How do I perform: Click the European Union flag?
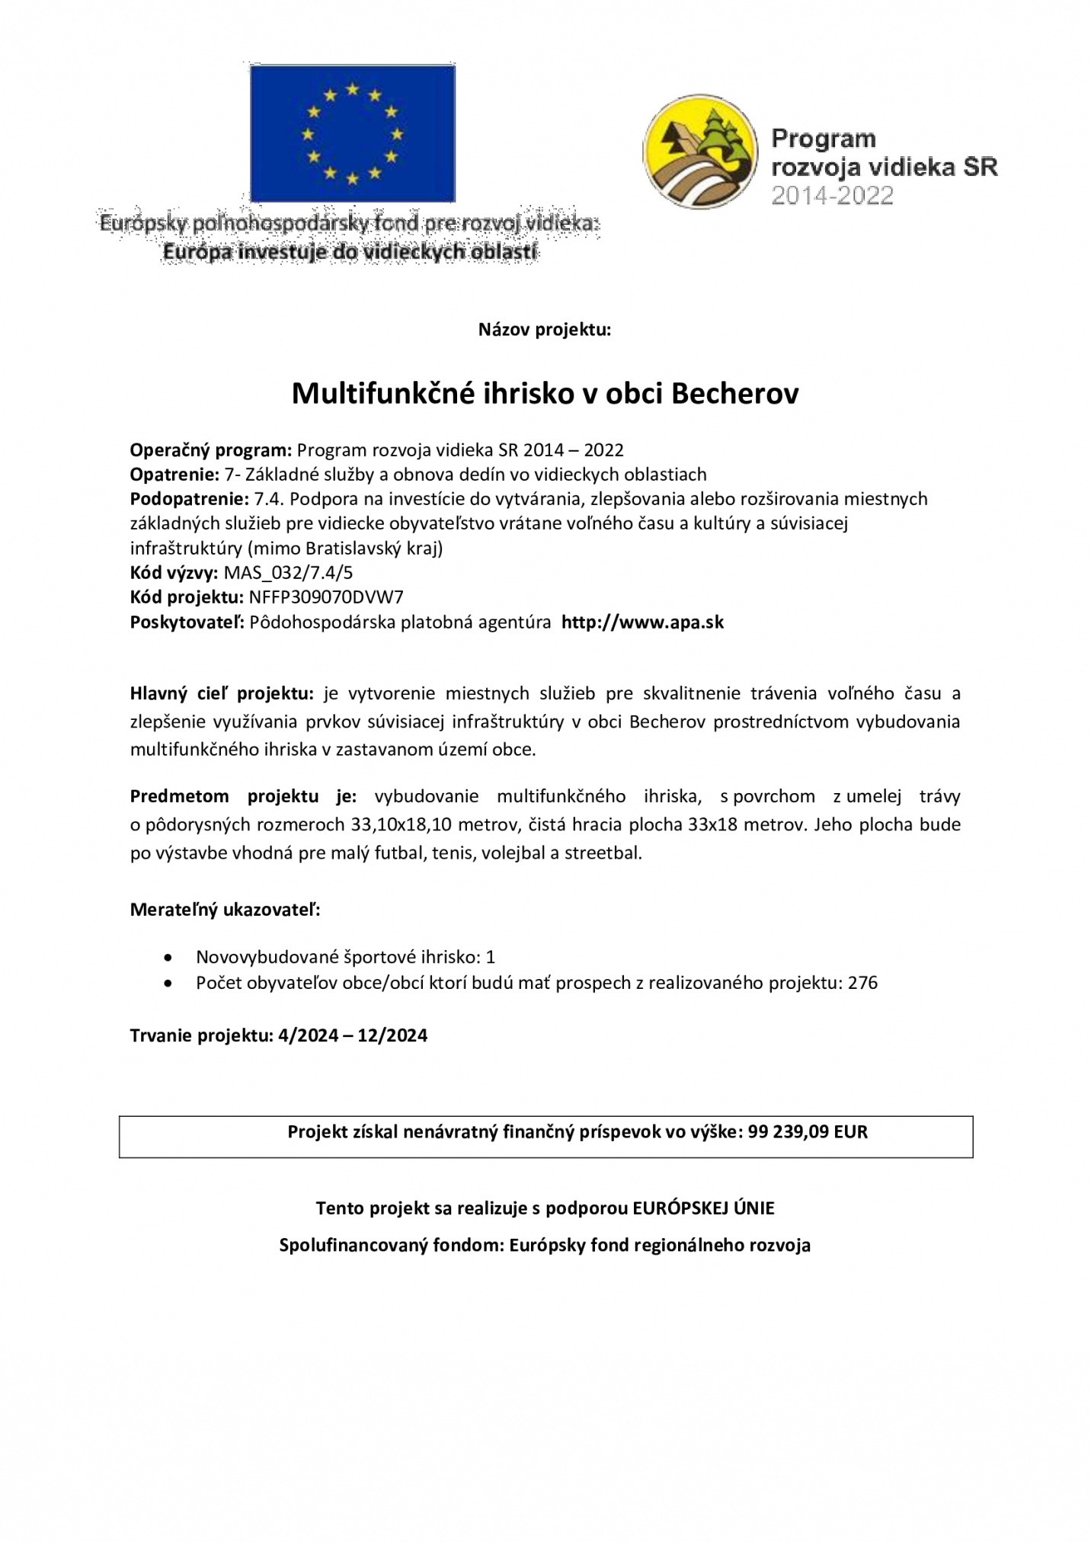352,133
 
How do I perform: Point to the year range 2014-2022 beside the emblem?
831,196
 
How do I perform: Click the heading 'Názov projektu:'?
545,330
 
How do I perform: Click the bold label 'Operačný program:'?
211,450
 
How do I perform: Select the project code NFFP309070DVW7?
325,597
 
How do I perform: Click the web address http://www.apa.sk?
642,622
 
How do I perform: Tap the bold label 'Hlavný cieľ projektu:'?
222,693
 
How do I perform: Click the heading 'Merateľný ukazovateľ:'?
225,910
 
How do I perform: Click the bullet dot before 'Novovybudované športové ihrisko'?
168,957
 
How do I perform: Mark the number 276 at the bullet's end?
862,983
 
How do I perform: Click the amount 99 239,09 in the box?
789,1131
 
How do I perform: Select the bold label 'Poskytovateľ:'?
187,622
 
